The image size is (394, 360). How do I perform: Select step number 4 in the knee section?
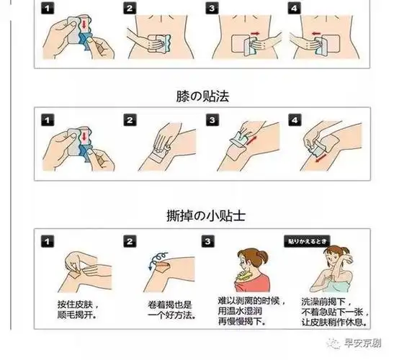coord(295,120)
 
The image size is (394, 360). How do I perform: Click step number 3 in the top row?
coord(212,9)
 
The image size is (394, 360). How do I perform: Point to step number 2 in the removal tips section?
coord(130,241)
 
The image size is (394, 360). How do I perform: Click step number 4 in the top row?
coord(295,9)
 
